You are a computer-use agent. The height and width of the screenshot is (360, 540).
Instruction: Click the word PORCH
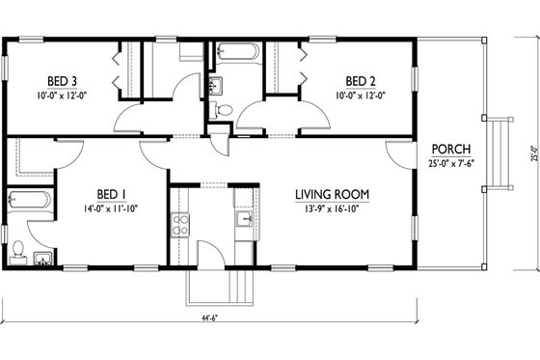point(450,148)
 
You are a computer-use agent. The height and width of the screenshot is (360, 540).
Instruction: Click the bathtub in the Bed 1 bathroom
point(28,202)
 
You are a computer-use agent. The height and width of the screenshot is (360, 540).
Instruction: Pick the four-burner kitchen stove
point(179,226)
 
